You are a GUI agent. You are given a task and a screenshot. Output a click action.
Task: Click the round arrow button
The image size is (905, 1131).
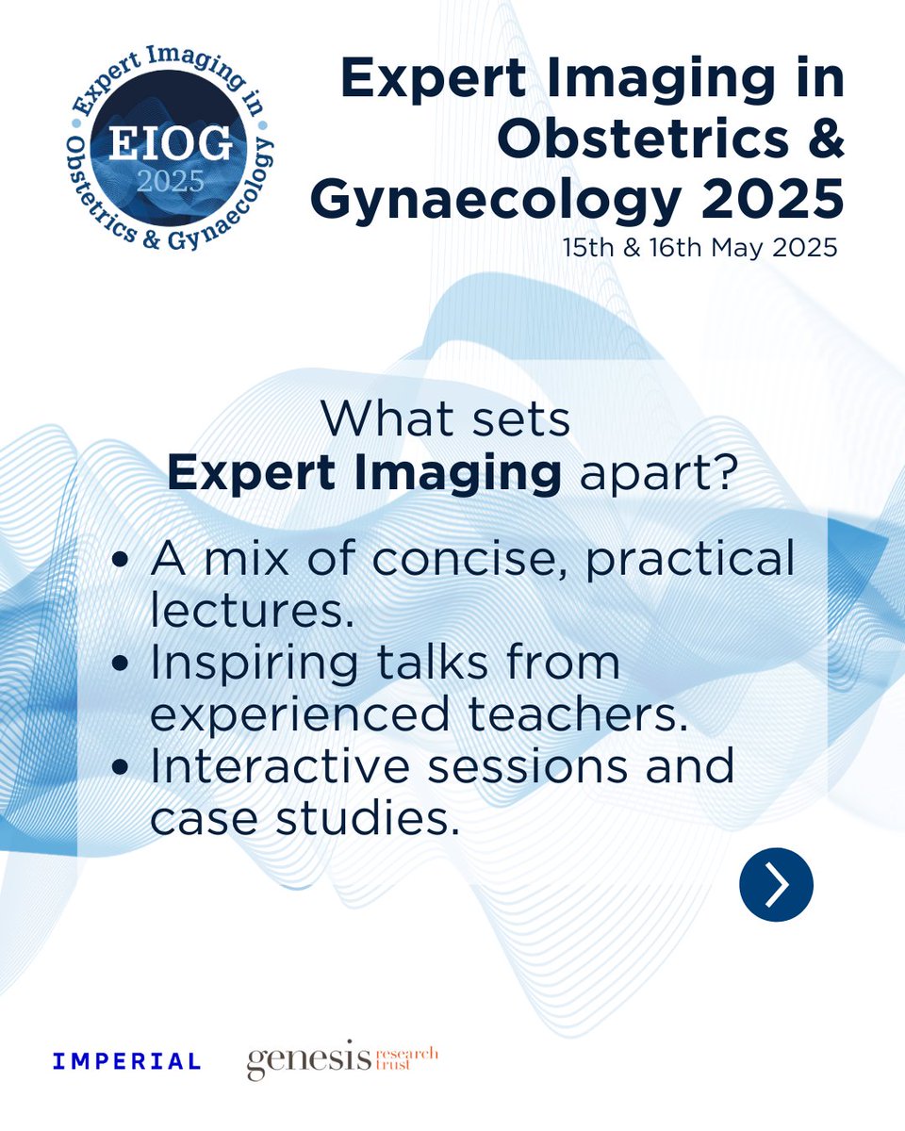[776, 885]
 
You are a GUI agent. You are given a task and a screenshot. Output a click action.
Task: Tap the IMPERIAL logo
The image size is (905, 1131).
[127, 1061]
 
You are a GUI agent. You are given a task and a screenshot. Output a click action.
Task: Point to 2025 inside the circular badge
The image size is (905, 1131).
[169, 181]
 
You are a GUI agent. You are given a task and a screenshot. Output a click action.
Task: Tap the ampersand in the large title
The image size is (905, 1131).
[822, 139]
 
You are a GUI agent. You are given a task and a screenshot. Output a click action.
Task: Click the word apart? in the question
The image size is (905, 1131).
[656, 475]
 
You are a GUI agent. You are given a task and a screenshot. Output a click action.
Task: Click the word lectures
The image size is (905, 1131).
[251, 612]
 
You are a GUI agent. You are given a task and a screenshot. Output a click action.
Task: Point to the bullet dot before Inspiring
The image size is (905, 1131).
[121, 664]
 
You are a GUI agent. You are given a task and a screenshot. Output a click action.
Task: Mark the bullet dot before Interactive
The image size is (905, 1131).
[121, 768]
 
